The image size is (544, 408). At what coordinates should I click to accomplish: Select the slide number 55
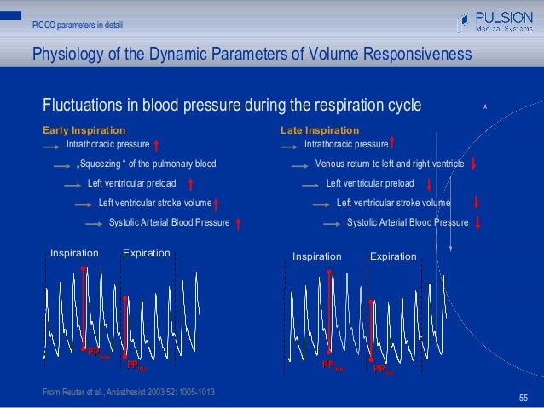524,398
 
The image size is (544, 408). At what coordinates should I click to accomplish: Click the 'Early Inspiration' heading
84,130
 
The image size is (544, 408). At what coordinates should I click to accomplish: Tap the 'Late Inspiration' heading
320,130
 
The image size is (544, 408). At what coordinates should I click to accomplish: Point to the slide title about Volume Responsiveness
251,55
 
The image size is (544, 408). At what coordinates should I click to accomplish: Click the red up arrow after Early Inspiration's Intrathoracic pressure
159,145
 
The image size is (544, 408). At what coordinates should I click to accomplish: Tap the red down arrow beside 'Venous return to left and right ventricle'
472,164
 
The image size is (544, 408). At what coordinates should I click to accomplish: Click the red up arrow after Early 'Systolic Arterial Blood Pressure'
238,223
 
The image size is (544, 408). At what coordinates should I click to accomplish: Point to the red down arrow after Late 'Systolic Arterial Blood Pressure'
477,223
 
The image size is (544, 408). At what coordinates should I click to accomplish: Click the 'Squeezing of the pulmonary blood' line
148,164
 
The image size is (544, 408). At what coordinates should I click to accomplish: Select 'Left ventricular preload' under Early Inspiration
132,183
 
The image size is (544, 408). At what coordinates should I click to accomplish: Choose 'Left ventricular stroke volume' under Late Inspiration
393,203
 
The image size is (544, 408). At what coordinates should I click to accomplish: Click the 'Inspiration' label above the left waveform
75,253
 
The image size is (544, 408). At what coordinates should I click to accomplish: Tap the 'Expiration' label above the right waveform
393,256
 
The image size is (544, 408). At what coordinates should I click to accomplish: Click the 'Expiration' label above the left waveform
147,253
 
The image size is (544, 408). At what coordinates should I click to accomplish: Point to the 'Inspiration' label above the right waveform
317,256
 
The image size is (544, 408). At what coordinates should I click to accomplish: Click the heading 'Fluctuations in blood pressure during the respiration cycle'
232,106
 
